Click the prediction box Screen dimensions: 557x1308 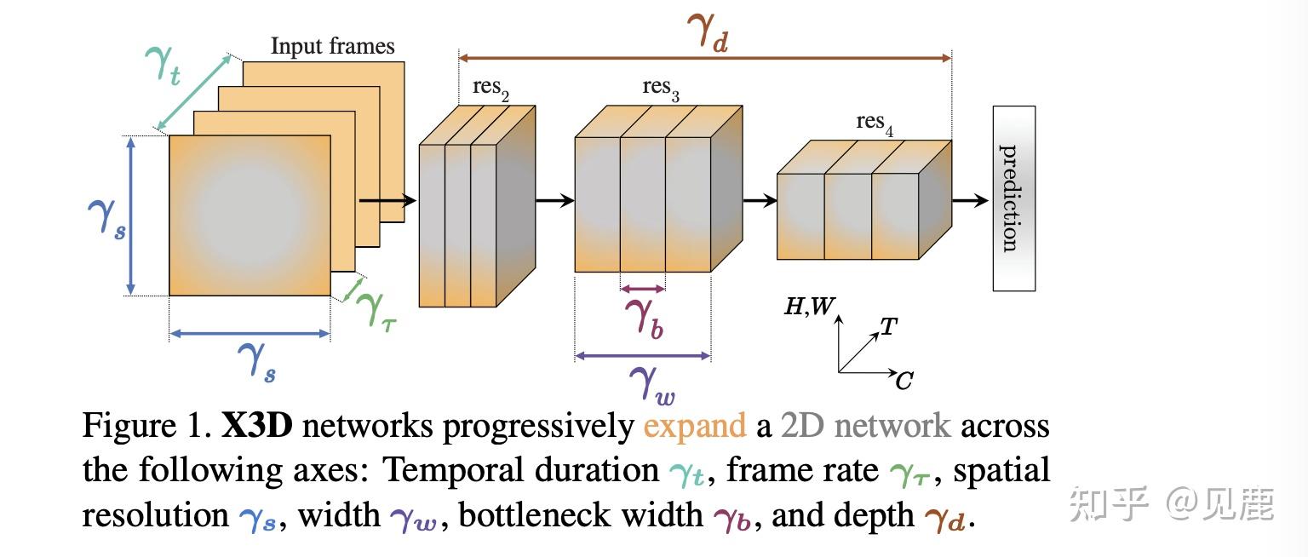click(x=1013, y=198)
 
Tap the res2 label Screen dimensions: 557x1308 click(x=491, y=88)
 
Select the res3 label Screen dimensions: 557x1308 click(x=661, y=88)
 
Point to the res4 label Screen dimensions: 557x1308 click(x=875, y=123)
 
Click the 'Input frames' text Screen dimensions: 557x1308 click(x=332, y=46)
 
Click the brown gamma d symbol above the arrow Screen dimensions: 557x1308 click(x=707, y=34)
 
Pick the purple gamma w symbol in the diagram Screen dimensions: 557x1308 click(x=651, y=381)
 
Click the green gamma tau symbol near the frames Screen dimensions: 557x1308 click(x=375, y=308)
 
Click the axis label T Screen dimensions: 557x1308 click(x=888, y=326)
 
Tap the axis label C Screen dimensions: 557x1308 click(x=904, y=381)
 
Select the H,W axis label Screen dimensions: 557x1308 click(x=806, y=307)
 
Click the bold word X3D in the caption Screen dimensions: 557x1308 click(x=256, y=425)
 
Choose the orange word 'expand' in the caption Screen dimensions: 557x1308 click(x=694, y=425)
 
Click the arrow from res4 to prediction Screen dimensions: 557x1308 click(x=968, y=201)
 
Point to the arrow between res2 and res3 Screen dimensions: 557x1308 click(x=554, y=201)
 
